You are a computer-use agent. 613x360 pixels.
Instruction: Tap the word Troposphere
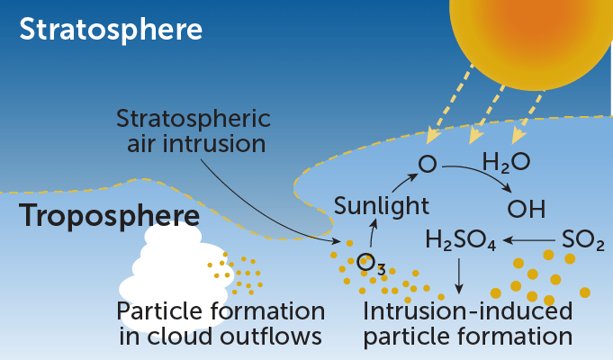tap(110, 217)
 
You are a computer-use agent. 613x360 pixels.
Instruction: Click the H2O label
tap(506, 163)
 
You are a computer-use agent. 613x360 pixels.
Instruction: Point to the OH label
tap(527, 210)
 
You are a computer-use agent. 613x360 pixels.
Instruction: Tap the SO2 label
tap(581, 240)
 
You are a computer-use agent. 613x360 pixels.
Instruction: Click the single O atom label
tap(427, 165)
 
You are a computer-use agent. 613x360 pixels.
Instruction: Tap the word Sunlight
tap(381, 206)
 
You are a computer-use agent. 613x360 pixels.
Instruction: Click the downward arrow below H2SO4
tap(459, 275)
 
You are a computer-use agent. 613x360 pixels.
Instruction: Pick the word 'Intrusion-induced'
tap(467, 311)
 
